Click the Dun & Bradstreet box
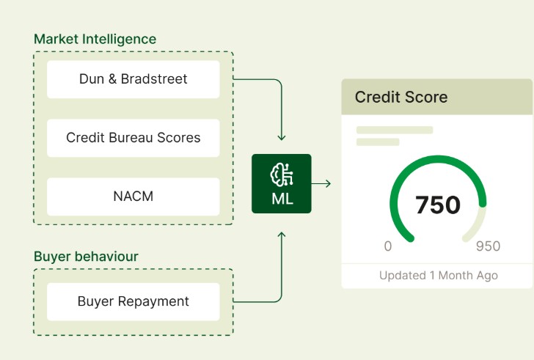(133, 79)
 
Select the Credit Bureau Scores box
(133, 138)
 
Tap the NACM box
(133, 196)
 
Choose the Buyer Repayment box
(133, 301)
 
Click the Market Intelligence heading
(95, 39)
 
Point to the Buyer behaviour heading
(86, 257)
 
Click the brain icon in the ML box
(281, 174)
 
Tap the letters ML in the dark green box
(282, 199)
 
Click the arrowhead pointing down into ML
(282, 137)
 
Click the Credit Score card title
(400, 97)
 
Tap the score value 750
(437, 205)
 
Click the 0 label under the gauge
(388, 246)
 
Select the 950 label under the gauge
(488, 246)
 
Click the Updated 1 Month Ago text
(438, 276)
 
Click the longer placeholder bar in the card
(394, 131)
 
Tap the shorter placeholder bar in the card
(377, 142)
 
